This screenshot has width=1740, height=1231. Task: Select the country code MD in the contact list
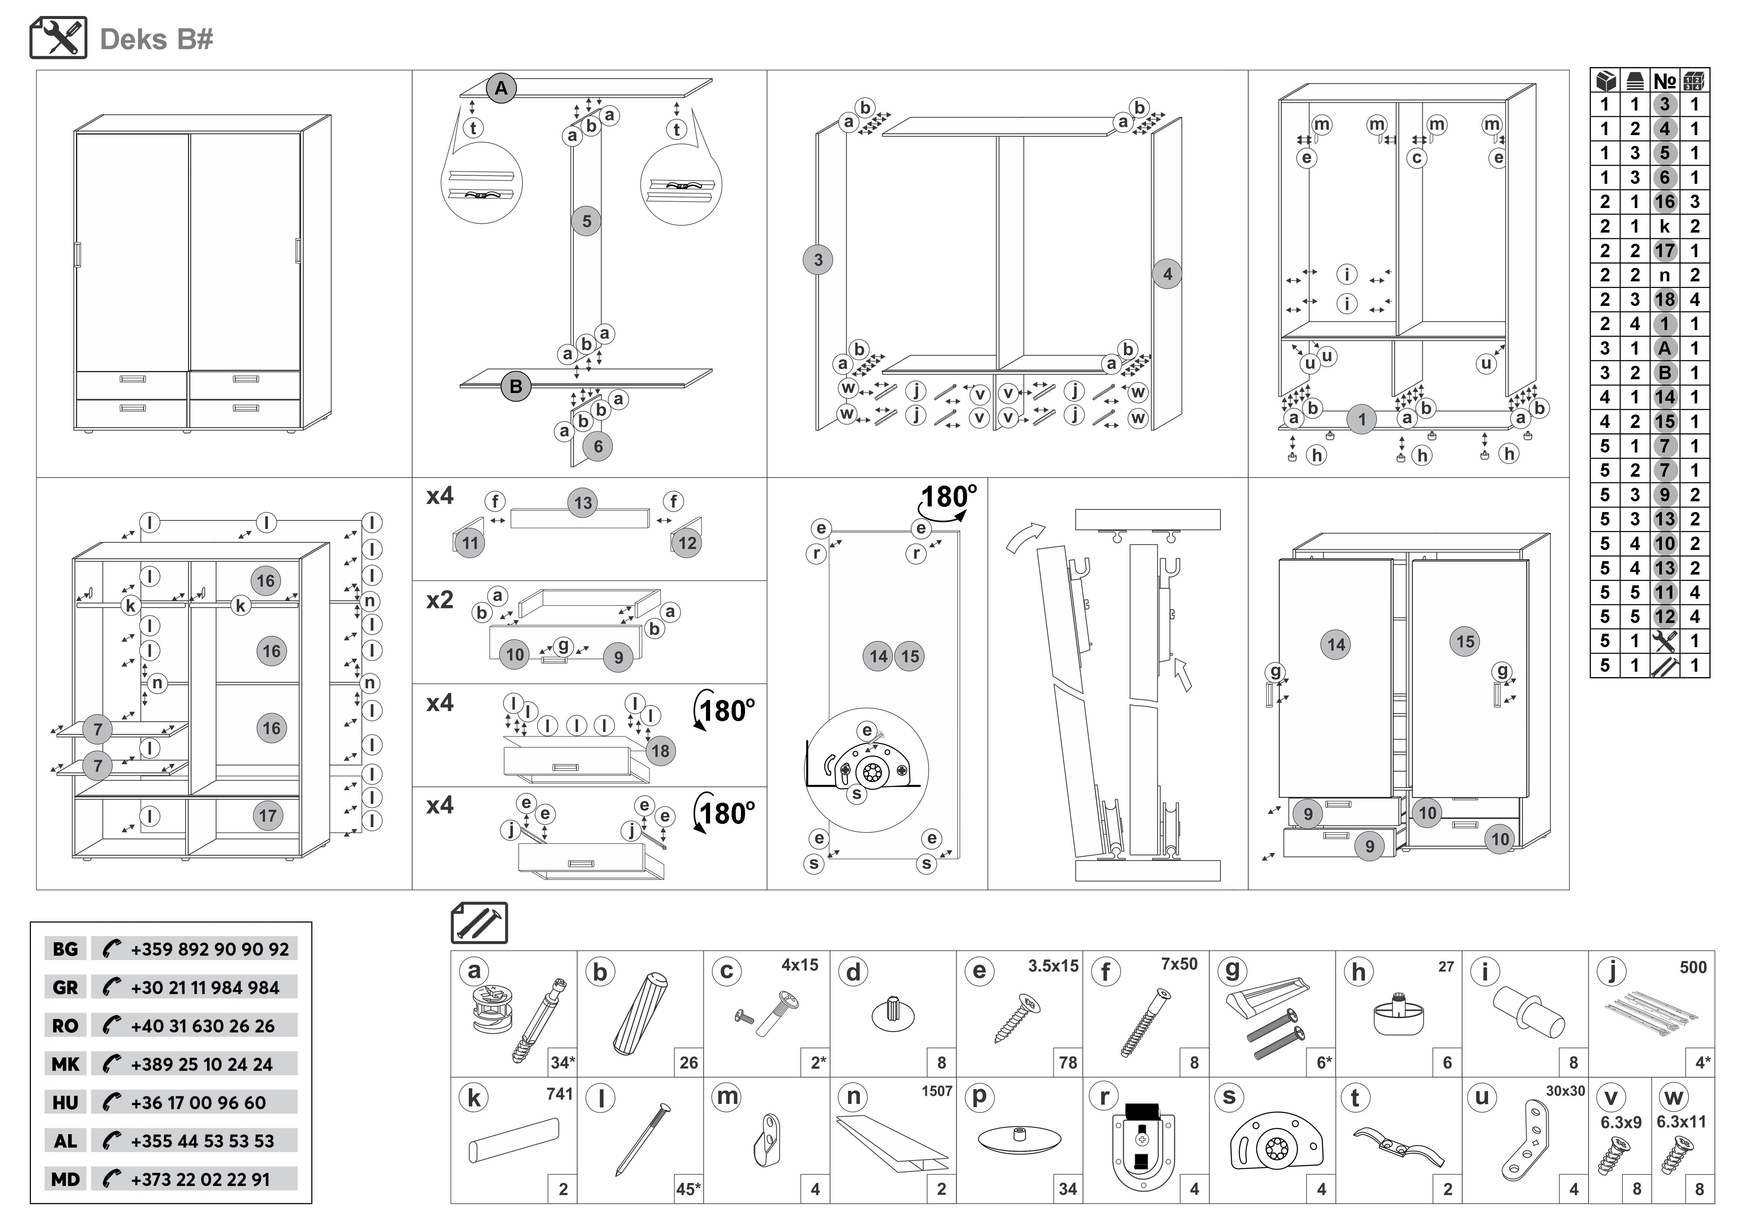tap(65, 1179)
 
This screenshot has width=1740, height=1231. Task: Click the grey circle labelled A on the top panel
tap(501, 89)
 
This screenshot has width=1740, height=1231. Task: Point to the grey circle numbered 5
tap(586, 221)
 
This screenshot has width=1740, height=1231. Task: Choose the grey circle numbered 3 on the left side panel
tap(818, 260)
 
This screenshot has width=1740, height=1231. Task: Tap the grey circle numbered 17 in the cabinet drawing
tap(267, 816)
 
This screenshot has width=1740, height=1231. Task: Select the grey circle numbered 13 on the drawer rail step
tap(583, 502)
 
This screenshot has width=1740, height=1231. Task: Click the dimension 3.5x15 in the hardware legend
tap(1053, 966)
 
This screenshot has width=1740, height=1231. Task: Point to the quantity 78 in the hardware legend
tap(1068, 1063)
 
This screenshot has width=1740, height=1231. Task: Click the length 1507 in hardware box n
tap(937, 1091)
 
